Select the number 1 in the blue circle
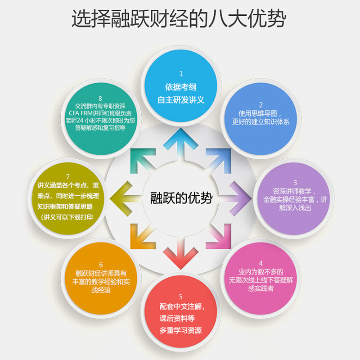(x=181, y=73)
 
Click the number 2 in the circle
(x=260, y=104)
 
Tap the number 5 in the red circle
(x=181, y=297)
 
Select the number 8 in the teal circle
(x=100, y=98)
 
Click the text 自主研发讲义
(x=181, y=100)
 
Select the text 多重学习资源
(x=181, y=331)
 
